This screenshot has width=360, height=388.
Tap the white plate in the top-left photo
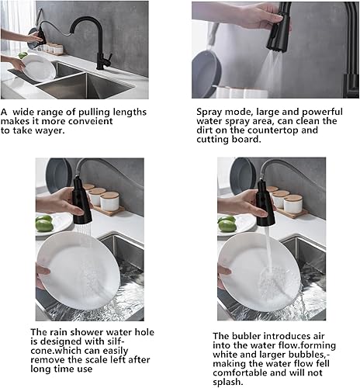[38, 68]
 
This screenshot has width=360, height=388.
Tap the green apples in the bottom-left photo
[43, 223]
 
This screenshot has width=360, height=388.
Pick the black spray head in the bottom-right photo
[264, 203]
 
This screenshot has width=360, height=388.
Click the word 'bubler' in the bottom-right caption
[247, 335]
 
